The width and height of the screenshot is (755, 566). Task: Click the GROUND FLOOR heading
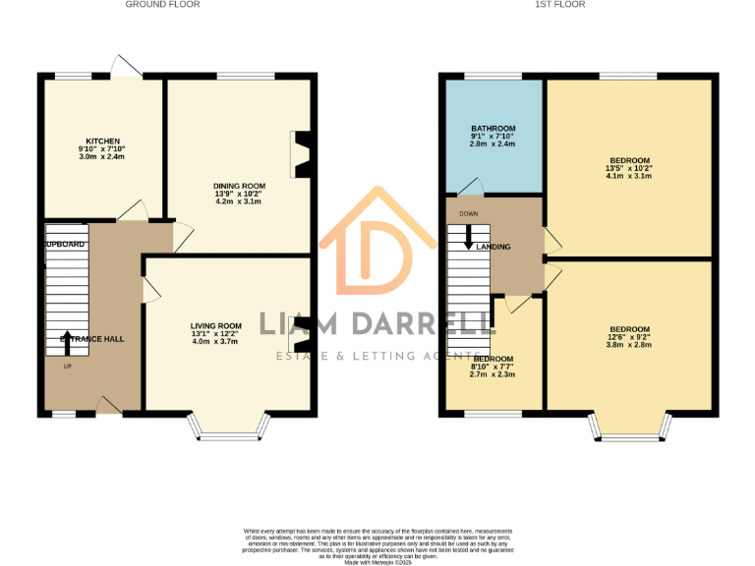(x=162, y=5)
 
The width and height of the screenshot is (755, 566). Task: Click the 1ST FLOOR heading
(x=560, y=5)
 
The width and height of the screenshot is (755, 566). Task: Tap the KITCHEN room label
(x=102, y=141)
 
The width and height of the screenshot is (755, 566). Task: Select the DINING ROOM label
(x=240, y=186)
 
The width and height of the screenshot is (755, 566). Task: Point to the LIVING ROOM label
(x=216, y=325)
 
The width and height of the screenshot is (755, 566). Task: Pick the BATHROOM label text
(x=493, y=129)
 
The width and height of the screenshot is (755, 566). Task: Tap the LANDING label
(x=494, y=247)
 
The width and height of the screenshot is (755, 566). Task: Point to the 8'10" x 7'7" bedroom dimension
(x=493, y=367)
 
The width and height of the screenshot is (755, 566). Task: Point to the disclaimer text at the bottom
(x=377, y=544)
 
